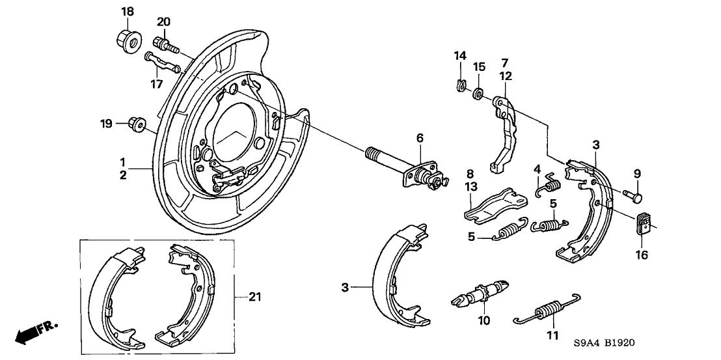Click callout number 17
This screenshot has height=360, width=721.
(x=156, y=83)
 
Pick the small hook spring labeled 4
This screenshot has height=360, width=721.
(x=549, y=184)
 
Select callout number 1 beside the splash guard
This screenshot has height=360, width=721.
(x=121, y=161)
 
